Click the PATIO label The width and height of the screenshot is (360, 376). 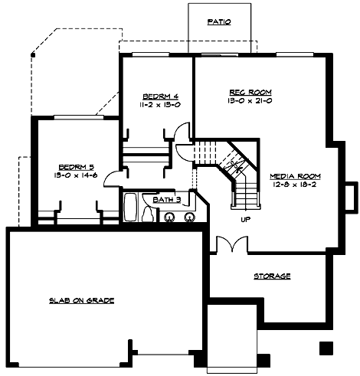coord(219,23)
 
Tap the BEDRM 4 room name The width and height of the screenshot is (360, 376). coord(155,96)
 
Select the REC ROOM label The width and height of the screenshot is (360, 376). coord(246,91)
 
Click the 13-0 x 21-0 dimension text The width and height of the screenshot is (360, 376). coord(246,100)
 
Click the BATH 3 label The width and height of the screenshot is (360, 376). coord(165,200)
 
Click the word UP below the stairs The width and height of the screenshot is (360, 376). coord(245,219)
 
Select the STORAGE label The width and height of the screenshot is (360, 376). coord(272,276)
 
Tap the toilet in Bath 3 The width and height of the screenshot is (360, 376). coord(147,214)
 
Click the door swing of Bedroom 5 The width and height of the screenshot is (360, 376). coord(110,178)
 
